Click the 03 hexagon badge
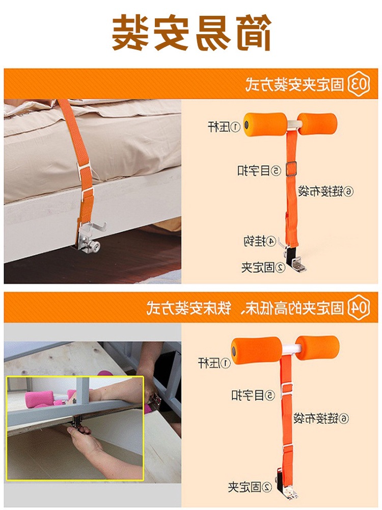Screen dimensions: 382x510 pos(359,84)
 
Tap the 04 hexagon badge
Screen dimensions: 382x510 pos(359,308)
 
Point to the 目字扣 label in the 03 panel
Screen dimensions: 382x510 pos(259,170)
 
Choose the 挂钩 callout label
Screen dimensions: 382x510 pos(260,241)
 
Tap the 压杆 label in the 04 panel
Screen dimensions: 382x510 pos(214,363)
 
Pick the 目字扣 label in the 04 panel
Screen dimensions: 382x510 pos(253,395)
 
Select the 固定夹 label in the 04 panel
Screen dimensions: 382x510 pos(250,487)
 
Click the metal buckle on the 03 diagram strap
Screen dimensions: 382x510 pos(292,169)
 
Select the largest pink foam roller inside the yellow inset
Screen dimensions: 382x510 pos(39,399)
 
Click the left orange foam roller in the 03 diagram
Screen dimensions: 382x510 pos(265,124)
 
